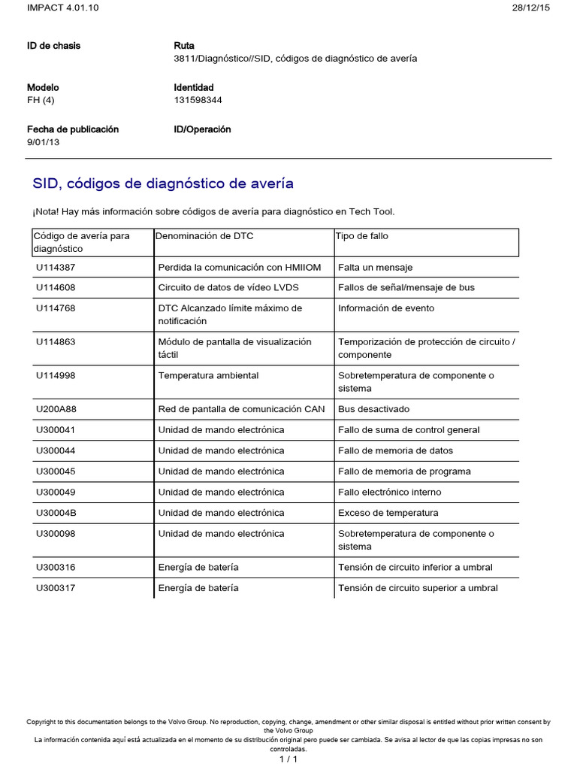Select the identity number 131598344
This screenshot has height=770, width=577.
(198, 100)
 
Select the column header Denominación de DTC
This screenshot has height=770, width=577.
(204, 236)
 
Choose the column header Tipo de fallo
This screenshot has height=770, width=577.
(363, 236)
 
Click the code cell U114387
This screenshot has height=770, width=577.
(56, 267)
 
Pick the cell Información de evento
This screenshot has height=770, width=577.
(386, 308)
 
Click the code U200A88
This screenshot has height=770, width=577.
(56, 410)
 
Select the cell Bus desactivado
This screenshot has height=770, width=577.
(373, 410)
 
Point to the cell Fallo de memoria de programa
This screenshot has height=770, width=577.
(404, 471)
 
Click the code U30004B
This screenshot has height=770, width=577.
(56, 513)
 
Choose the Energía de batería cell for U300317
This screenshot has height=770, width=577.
(198, 588)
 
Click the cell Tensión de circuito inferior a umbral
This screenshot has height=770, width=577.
(415, 568)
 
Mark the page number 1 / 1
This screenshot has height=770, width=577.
(288, 759)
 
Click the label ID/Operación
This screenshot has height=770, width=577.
(202, 129)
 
